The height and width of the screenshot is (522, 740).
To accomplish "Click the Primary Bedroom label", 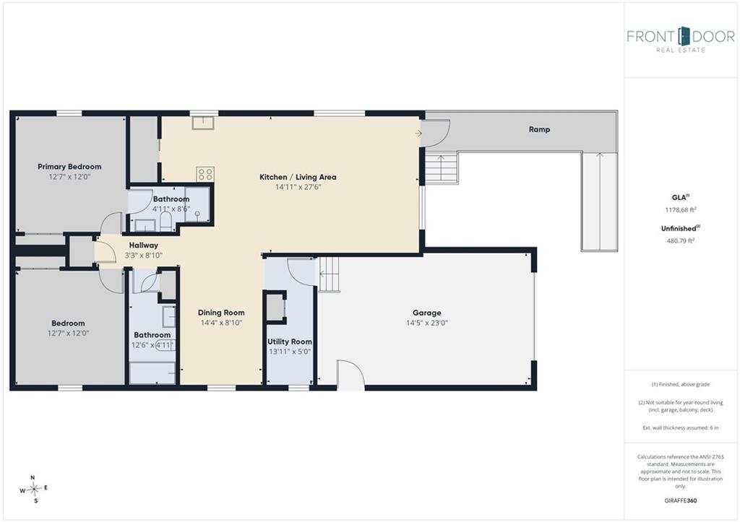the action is click(69, 167).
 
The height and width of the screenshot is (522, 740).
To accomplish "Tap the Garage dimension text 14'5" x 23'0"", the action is click(426, 323).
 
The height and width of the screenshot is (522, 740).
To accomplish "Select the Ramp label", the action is click(539, 129).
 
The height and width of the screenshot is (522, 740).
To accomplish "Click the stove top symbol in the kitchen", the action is click(205, 174).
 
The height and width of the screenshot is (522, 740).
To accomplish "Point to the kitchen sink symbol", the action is click(203, 123).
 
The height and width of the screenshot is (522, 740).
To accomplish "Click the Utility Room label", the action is click(289, 342).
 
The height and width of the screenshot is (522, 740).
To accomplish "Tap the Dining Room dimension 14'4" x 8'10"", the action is click(221, 323).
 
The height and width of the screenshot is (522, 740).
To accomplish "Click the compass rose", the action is click(34, 489).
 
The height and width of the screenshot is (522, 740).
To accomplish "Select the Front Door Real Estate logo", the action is click(681, 40).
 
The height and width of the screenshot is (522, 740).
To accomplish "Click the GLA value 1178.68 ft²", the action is click(681, 210).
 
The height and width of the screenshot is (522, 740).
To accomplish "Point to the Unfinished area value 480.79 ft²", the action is click(680, 240).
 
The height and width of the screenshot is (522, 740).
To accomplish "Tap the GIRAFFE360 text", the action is click(680, 500).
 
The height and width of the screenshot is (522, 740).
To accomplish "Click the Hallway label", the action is click(144, 245).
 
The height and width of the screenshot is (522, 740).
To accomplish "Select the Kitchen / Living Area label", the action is click(298, 177).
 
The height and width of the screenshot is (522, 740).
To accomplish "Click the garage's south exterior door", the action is click(350, 375).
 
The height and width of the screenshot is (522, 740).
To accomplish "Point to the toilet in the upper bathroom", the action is click(165, 222).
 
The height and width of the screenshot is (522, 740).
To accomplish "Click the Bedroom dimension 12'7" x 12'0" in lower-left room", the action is click(68, 333).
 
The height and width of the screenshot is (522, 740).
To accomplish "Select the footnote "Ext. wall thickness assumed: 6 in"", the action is click(681, 427).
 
